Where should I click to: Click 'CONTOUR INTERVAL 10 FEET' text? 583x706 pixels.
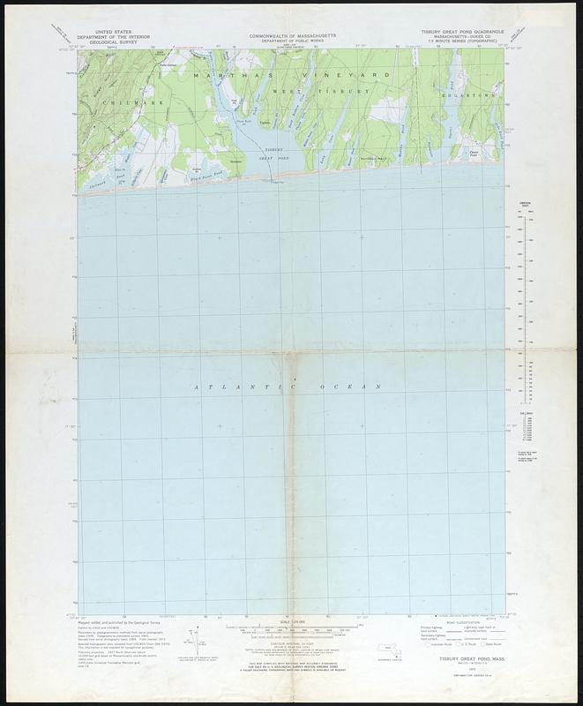290,646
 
